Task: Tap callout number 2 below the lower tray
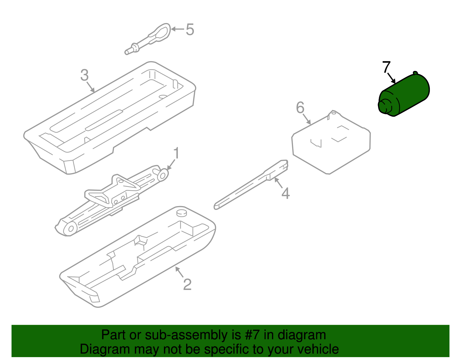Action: [187, 285]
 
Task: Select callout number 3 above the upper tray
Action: [84, 75]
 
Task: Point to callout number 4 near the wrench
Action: [286, 193]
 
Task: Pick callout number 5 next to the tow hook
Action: [190, 29]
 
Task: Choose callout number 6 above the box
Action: [300, 108]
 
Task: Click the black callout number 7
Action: [386, 67]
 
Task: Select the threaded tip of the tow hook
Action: [127, 52]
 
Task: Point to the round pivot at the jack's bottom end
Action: [71, 229]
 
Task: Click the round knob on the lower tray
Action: [182, 213]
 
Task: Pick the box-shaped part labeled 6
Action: [331, 142]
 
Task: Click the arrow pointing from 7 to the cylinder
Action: [391, 78]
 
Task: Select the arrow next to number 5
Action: [177, 29]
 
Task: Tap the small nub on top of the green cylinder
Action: [415, 73]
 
